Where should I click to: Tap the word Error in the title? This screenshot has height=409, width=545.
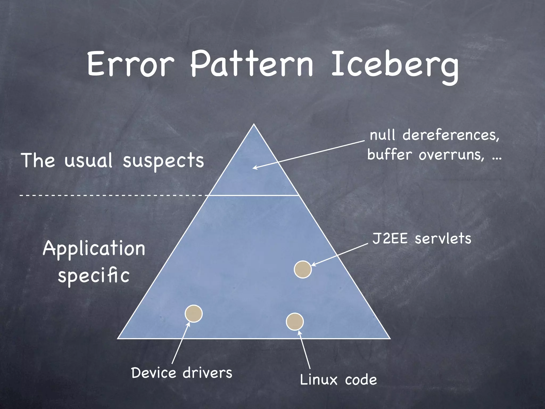pos(130,64)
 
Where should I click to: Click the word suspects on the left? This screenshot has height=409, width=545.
pos(163,161)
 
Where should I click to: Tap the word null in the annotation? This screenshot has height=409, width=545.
pos(382,135)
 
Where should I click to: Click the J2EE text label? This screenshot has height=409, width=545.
pos(390,238)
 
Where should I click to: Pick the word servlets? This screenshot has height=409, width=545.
pos(443,238)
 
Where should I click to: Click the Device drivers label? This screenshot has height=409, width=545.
pos(182,373)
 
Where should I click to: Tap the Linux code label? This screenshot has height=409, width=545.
pos(338,379)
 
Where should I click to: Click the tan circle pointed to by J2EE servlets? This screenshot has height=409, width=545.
pos(303,269)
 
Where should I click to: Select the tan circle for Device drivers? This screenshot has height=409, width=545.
pos(194,314)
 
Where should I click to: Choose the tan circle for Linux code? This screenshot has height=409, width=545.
pos(295,322)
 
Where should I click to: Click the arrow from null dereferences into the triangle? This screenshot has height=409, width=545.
pos(309,154)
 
